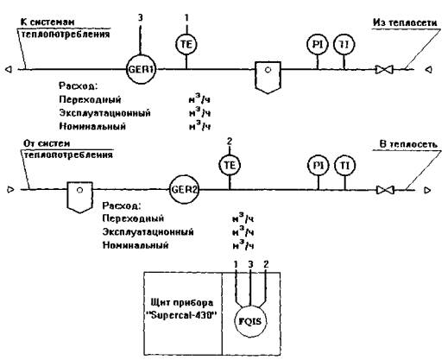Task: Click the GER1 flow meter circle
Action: coord(141,69)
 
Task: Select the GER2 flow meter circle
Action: coord(184,190)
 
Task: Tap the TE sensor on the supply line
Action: coord(186,44)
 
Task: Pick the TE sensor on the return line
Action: coord(230,165)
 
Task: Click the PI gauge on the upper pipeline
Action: coord(318,44)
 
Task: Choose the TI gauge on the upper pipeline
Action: coord(344,44)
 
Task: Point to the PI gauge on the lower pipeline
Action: coord(319,166)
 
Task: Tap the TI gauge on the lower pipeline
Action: coord(345,166)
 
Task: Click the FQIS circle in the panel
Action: coord(250,321)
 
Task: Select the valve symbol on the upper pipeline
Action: coord(384,70)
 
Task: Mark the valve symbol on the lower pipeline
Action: coord(385,190)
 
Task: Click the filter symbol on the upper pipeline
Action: coord(268,77)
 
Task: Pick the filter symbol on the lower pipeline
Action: coord(79,198)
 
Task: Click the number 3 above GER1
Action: coord(140,18)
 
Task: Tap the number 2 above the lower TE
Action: coord(230,142)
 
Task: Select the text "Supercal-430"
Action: coord(183,315)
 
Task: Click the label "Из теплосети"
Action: coord(405,22)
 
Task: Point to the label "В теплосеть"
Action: coord(408,144)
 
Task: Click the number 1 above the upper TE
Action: coord(186,18)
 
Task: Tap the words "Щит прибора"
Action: coord(182,303)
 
